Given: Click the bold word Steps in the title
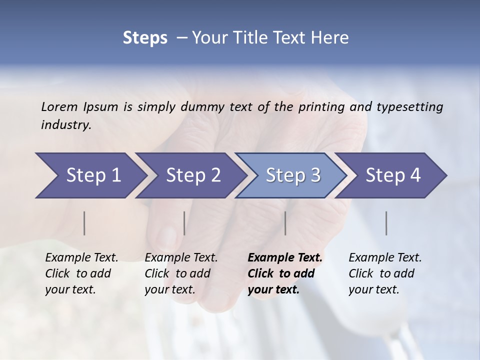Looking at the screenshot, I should click(145, 38).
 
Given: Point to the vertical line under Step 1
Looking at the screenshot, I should click(84, 223).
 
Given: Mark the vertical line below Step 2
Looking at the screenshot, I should click(184, 223).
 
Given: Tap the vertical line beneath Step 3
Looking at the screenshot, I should click(285, 223).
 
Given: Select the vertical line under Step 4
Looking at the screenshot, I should click(386, 223).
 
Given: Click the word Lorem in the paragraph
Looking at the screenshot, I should click(59, 106).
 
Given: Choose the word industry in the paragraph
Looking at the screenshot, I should click(66, 125).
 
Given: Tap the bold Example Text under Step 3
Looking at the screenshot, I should click(285, 257).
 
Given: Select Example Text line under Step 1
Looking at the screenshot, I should click(81, 257).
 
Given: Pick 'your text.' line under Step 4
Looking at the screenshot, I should click(373, 289).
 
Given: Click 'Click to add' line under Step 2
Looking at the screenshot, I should click(177, 273).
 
